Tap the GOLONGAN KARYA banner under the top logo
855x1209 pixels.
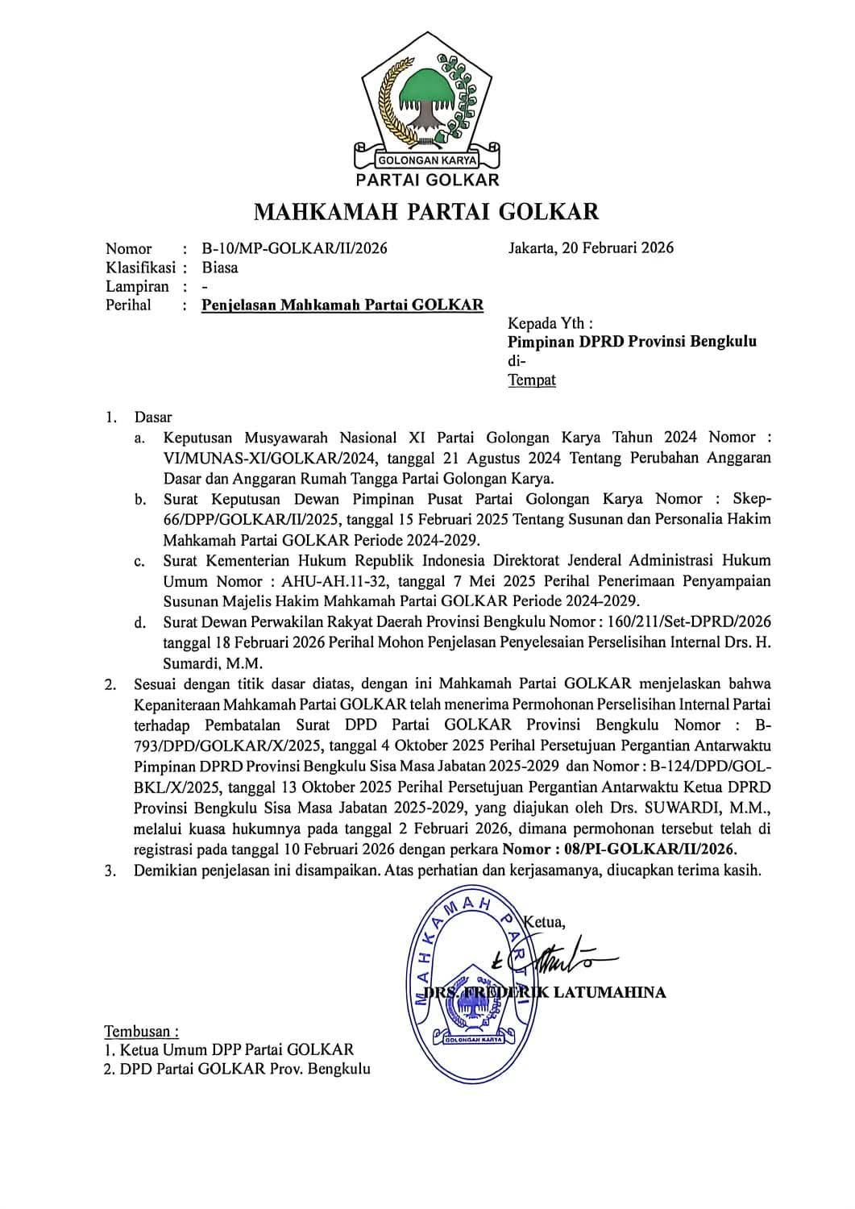point(428,160)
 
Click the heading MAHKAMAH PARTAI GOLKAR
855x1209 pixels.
point(427,212)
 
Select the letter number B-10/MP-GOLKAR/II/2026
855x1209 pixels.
point(294,248)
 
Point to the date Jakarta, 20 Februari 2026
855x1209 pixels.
point(591,247)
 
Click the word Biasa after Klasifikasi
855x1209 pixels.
point(220,268)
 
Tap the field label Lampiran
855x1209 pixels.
point(138,287)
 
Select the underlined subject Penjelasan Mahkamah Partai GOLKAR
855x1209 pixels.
point(342,305)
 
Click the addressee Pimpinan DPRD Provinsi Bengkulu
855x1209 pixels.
point(632,342)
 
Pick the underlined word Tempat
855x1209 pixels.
point(532,380)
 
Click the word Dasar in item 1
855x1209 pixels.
point(153,418)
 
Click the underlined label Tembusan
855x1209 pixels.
point(140,1032)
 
